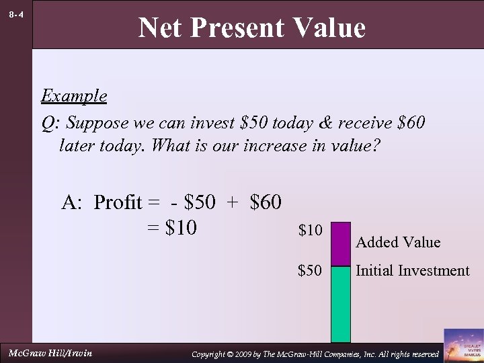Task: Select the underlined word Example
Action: [74, 95]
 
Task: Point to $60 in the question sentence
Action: [411, 124]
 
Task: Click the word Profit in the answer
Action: [118, 202]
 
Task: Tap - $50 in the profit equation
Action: [193, 202]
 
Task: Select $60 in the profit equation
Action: [265, 202]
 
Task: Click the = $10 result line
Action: [171, 228]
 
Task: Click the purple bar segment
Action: [341, 243]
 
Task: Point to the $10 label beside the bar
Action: [310, 231]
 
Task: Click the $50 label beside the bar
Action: [310, 271]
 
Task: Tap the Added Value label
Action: [398, 242]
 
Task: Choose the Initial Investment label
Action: [412, 271]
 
